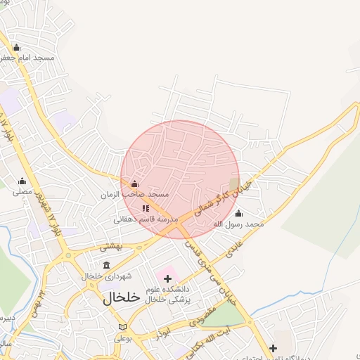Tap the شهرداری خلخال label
[105, 276]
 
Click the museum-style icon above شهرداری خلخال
[106, 265]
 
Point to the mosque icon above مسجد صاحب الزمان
[135, 184]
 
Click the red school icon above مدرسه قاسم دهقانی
[146, 208]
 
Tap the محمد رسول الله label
[238, 224]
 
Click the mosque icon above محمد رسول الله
[238, 214]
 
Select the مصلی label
[22, 191]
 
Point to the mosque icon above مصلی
[22, 181]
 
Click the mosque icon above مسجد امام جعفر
[17, 47]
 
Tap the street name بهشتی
[111, 246]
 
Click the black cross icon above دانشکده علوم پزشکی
[167, 278]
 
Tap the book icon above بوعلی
[123, 328]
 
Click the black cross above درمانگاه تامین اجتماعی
[273, 348]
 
